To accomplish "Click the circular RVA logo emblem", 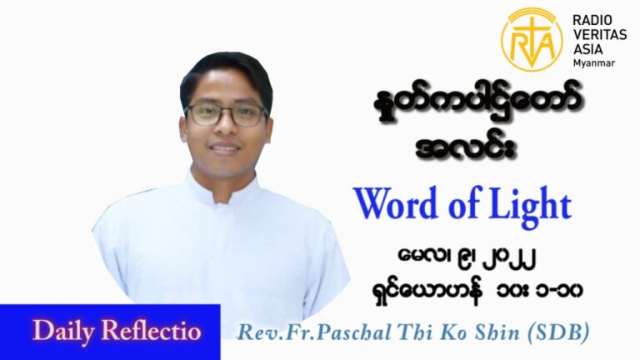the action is click(532, 39).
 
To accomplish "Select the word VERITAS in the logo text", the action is click(600, 35).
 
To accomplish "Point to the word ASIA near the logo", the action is click(587, 49).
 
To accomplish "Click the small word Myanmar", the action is click(594, 62).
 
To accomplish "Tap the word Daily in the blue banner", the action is click(63, 331).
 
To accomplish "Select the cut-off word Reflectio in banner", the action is click(151, 330).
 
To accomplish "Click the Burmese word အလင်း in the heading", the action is click(465, 146).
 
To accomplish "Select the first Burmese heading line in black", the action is click(478, 104).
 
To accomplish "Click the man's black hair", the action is click(226, 72).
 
